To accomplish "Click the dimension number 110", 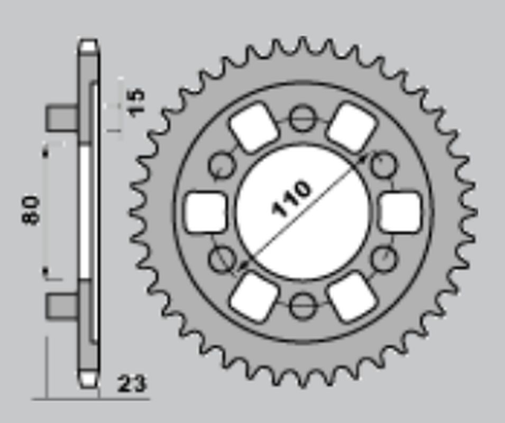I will [291, 199].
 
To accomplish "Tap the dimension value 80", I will [31, 210].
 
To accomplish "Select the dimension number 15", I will [135, 102].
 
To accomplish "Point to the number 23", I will [131, 384].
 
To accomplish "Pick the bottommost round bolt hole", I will [302, 305].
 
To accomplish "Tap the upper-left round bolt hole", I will [222, 165].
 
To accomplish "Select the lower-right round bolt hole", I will [383, 259].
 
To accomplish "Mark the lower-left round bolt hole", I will [222, 259].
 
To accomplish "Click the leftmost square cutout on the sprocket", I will [206, 212].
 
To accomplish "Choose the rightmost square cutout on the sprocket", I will [401, 212].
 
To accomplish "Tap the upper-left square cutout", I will [253, 127].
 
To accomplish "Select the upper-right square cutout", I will [352, 127].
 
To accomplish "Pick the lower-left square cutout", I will [253, 297].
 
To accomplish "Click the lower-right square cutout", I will [352, 297].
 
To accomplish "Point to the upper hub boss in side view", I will [62, 118].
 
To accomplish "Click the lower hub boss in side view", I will [62, 306].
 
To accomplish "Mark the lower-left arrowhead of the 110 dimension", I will [243, 265].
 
